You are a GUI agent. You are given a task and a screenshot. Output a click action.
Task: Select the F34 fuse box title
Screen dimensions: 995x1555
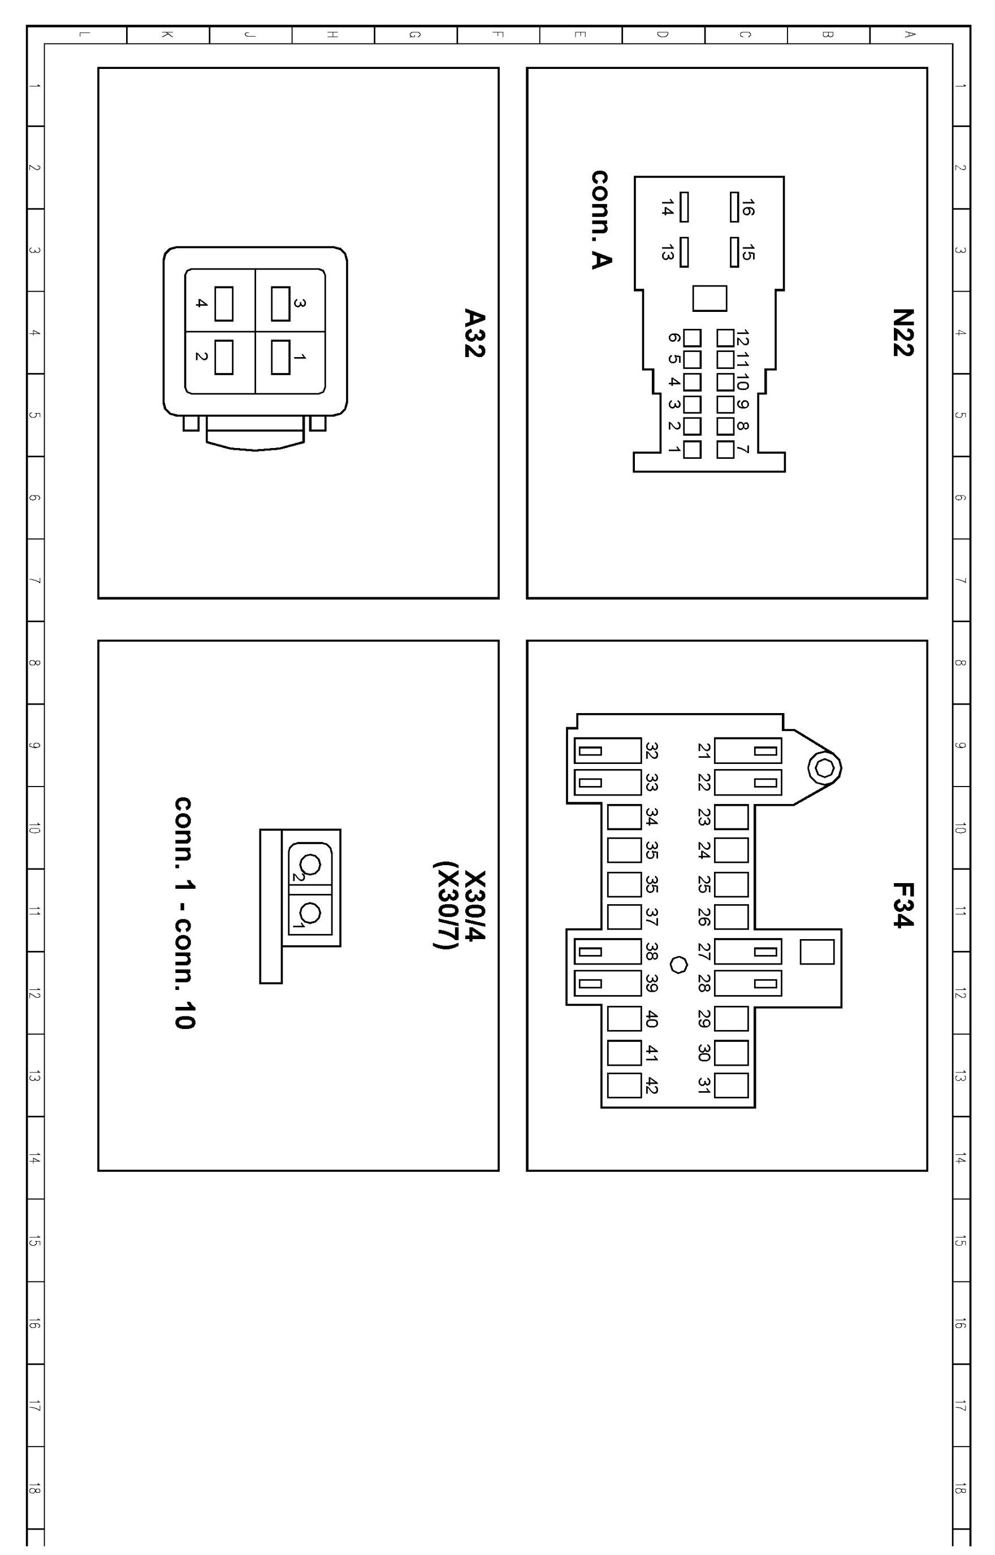[903, 905]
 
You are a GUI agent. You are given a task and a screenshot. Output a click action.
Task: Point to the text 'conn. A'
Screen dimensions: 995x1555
[602, 220]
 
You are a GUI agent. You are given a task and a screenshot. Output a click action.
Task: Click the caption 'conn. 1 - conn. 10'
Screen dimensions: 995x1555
[185, 913]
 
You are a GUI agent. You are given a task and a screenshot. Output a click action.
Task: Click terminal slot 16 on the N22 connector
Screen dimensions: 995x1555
[734, 207]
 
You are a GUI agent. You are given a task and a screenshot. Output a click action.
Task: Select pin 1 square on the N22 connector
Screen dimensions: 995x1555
[692, 449]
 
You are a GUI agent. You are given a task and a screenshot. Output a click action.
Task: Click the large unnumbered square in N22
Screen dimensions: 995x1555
[710, 298]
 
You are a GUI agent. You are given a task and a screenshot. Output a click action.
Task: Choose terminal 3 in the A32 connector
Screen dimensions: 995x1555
[280, 303]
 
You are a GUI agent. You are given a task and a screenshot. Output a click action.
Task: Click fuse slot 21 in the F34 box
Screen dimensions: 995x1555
[747, 751]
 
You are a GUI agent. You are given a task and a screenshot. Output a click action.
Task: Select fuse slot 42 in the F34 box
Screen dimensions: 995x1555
[624, 1085]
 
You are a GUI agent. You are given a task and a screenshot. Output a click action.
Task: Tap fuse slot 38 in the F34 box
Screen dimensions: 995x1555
[608, 951]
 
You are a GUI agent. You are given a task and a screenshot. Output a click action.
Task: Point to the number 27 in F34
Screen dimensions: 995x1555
[704, 951]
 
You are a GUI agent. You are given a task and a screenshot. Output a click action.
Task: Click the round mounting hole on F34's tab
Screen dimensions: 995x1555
[824, 768]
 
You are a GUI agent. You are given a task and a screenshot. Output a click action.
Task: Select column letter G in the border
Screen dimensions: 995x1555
[415, 35]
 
